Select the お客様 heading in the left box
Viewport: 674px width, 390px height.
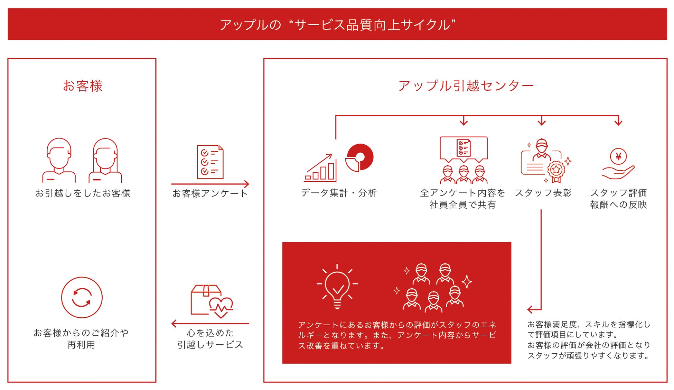83,86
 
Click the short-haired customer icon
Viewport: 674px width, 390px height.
59,160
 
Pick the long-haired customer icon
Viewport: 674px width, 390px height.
105,160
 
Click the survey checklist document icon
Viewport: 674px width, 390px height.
210,162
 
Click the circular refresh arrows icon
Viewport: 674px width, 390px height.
82,297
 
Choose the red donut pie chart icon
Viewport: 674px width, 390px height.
360,157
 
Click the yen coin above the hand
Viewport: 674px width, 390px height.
618,156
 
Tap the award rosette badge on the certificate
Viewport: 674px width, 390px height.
556,170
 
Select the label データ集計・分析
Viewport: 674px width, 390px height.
338,193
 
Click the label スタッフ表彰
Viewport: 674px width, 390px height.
543,193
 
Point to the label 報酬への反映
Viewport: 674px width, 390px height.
618,205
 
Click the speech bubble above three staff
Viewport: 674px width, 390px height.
464,148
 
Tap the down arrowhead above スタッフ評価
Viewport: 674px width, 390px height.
618,122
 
